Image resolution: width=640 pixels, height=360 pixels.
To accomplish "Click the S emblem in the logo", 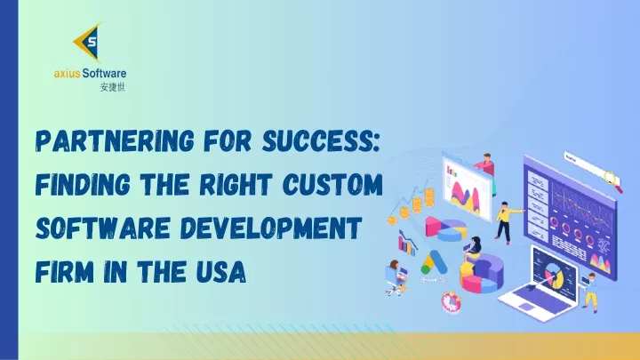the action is [x=89, y=42].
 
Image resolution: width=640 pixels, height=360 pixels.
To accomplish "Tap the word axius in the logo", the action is [x=67, y=74].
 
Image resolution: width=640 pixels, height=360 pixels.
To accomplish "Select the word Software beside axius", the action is [x=104, y=74].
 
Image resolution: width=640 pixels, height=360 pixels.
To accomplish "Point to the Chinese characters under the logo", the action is [x=113, y=87].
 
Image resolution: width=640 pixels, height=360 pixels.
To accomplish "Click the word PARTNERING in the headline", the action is [x=115, y=141].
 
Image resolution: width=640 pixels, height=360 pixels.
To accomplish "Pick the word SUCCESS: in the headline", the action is [x=321, y=141].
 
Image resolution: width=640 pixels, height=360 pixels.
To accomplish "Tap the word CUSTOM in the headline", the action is [x=332, y=185].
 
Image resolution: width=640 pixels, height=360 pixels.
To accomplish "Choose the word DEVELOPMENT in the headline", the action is [x=271, y=228].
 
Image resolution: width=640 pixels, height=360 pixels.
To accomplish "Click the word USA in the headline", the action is [x=220, y=271].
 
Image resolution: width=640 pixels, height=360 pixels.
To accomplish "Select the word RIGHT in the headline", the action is [x=236, y=185].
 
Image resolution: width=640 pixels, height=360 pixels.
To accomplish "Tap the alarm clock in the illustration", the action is [x=451, y=302].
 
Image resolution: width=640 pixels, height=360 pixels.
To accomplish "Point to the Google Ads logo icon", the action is [x=434, y=263].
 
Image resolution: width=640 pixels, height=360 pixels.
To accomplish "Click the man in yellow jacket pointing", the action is [x=507, y=222].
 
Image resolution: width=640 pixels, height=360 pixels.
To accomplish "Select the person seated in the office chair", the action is [x=396, y=277].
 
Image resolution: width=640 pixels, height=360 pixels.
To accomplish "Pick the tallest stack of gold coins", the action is [x=429, y=197].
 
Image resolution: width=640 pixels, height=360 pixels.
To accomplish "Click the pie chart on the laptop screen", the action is [x=554, y=274].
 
